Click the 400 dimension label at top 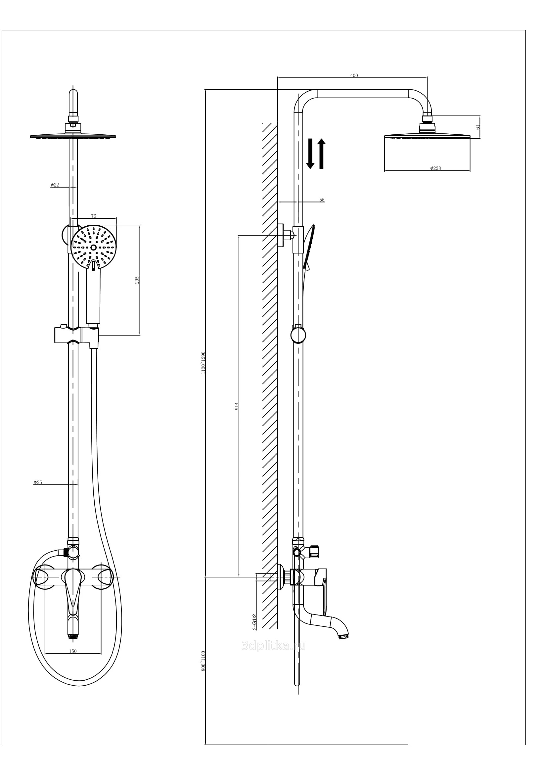(354, 75)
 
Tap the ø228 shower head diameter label (435, 168)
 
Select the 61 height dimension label (478, 127)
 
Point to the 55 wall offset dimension (322, 200)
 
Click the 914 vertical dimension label (237, 406)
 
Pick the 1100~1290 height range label (203, 362)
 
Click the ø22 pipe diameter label (55, 185)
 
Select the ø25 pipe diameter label (38, 482)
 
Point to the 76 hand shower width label (93, 216)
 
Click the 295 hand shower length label (137, 280)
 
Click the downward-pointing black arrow (310, 154)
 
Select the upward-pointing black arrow (321, 154)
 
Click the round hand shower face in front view (93, 247)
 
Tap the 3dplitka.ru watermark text (273, 646)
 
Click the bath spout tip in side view (344, 637)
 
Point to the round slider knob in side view (298, 336)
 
